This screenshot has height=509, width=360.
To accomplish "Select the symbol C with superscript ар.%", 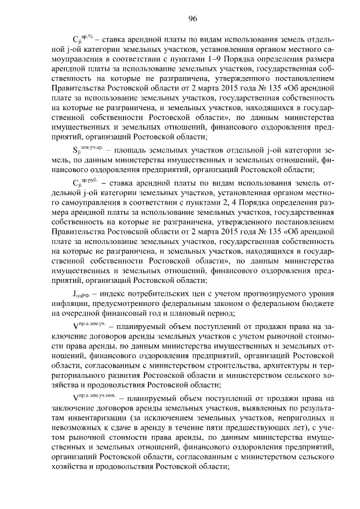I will [83, 41].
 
